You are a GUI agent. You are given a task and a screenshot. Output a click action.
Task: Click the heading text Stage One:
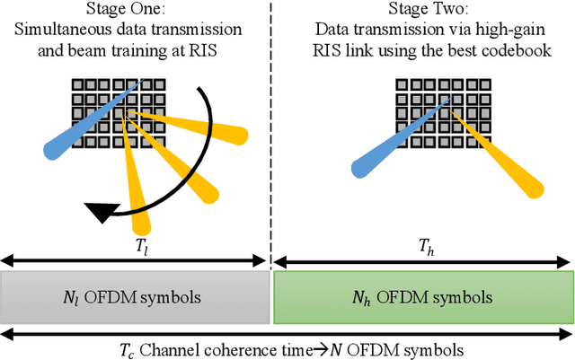[x=135, y=12]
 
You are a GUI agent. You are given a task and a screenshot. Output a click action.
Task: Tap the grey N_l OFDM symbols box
[x=135, y=298]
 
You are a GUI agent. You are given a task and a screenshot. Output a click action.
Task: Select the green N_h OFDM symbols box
[x=422, y=298]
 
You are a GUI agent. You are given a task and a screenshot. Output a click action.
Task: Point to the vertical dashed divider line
[x=271, y=135]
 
